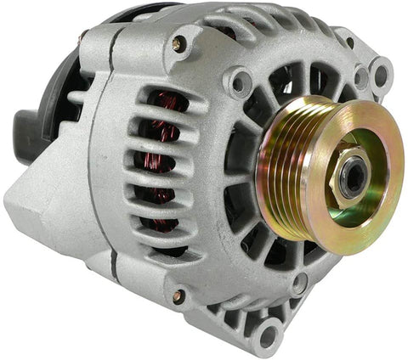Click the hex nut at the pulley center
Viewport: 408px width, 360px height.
coord(349,176)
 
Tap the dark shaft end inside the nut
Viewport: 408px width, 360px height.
coord(352,177)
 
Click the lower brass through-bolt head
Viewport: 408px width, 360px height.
coord(178,296)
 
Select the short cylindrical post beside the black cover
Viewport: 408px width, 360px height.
coord(82,39)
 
